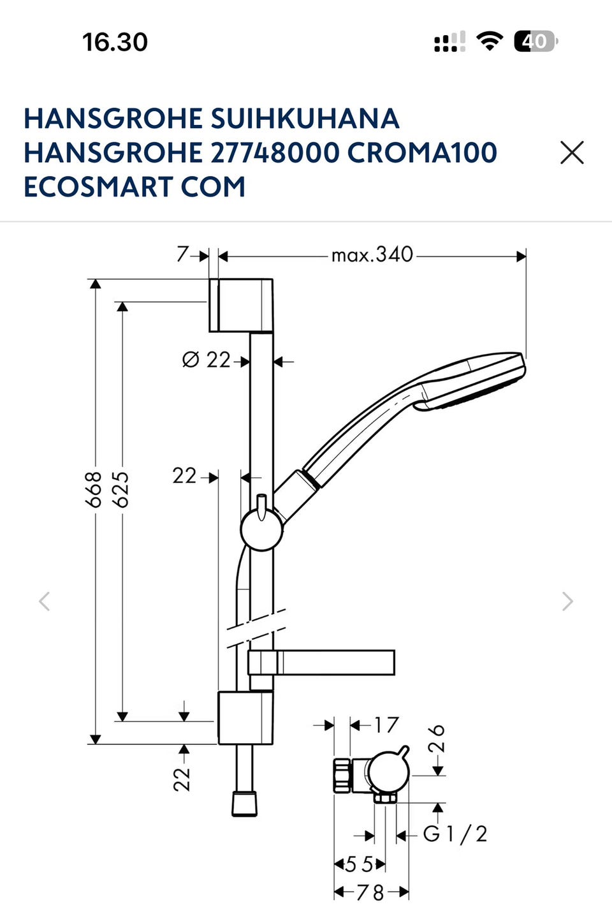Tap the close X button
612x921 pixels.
(x=572, y=152)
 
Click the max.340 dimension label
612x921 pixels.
(x=372, y=255)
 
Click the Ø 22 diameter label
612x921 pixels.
(x=206, y=360)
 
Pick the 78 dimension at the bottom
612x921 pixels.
(x=370, y=892)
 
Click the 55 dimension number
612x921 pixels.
(x=359, y=864)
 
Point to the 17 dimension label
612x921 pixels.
(x=386, y=725)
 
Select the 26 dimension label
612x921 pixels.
(x=437, y=738)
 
